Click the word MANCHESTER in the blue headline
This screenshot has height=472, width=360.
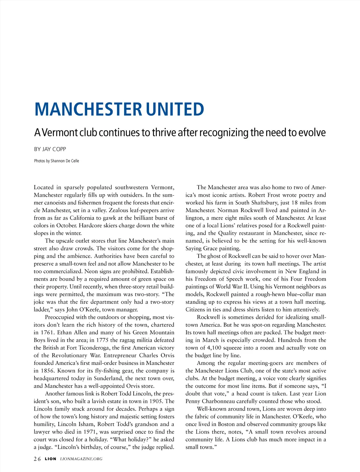point(88,109)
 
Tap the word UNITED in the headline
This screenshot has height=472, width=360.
point(175,109)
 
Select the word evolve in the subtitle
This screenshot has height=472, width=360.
point(312,132)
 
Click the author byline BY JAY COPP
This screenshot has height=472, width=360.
point(50,149)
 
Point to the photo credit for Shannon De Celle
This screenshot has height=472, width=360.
point(57,161)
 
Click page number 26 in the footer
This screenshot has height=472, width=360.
point(37,459)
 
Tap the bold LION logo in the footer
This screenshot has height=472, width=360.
point(50,459)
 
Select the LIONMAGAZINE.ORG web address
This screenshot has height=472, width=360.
point(81,459)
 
